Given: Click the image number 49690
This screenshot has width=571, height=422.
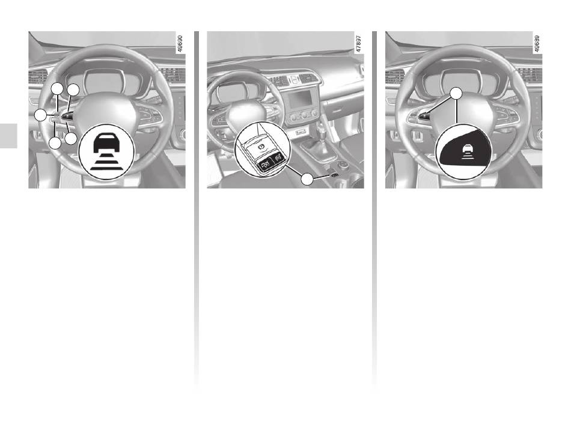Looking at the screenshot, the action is [180, 44].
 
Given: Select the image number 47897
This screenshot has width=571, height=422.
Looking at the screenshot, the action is [358, 44].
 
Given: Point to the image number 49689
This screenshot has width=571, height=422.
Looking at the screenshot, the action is [536, 44].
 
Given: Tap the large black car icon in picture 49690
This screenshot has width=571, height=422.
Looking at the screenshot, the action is [107, 143].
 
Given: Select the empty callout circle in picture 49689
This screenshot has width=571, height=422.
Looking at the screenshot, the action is [456, 94].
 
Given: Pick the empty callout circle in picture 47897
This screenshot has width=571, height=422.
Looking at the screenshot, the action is [308, 179].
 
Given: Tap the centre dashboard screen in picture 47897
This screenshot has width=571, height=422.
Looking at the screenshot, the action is [301, 99].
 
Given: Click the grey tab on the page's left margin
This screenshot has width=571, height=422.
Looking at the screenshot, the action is [8, 136].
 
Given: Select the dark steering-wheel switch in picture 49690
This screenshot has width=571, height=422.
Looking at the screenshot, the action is [67, 116].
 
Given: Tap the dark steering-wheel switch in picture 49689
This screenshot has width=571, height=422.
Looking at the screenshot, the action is [424, 116].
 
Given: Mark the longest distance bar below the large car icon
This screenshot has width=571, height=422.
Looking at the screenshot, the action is [106, 169].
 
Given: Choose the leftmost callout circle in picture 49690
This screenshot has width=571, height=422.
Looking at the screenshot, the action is [40, 116].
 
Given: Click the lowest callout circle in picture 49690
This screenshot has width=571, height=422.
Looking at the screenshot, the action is [55, 143].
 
